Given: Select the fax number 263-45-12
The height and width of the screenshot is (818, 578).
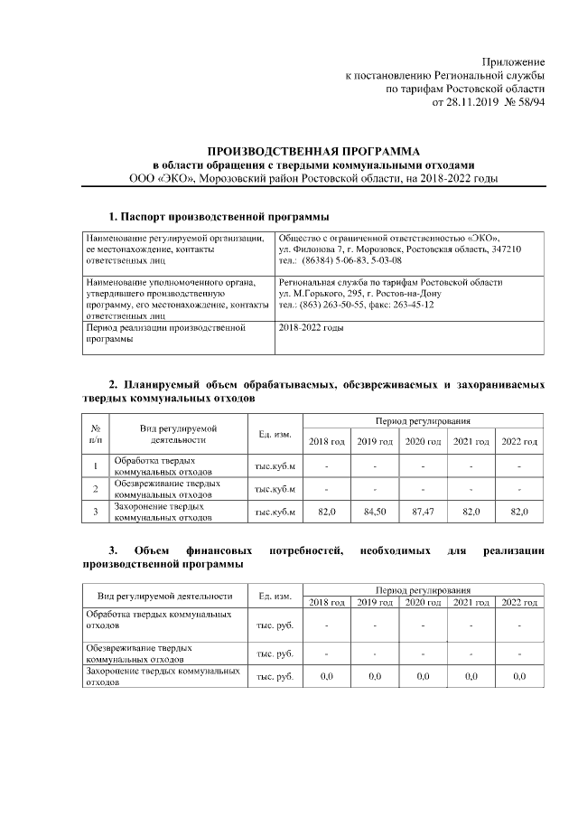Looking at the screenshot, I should [409, 305].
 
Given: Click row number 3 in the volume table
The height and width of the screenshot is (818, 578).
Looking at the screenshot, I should [96, 512].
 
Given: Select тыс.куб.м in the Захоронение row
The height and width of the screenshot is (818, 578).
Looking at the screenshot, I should [275, 512].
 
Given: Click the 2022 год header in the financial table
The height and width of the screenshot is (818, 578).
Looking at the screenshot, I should [519, 602].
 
